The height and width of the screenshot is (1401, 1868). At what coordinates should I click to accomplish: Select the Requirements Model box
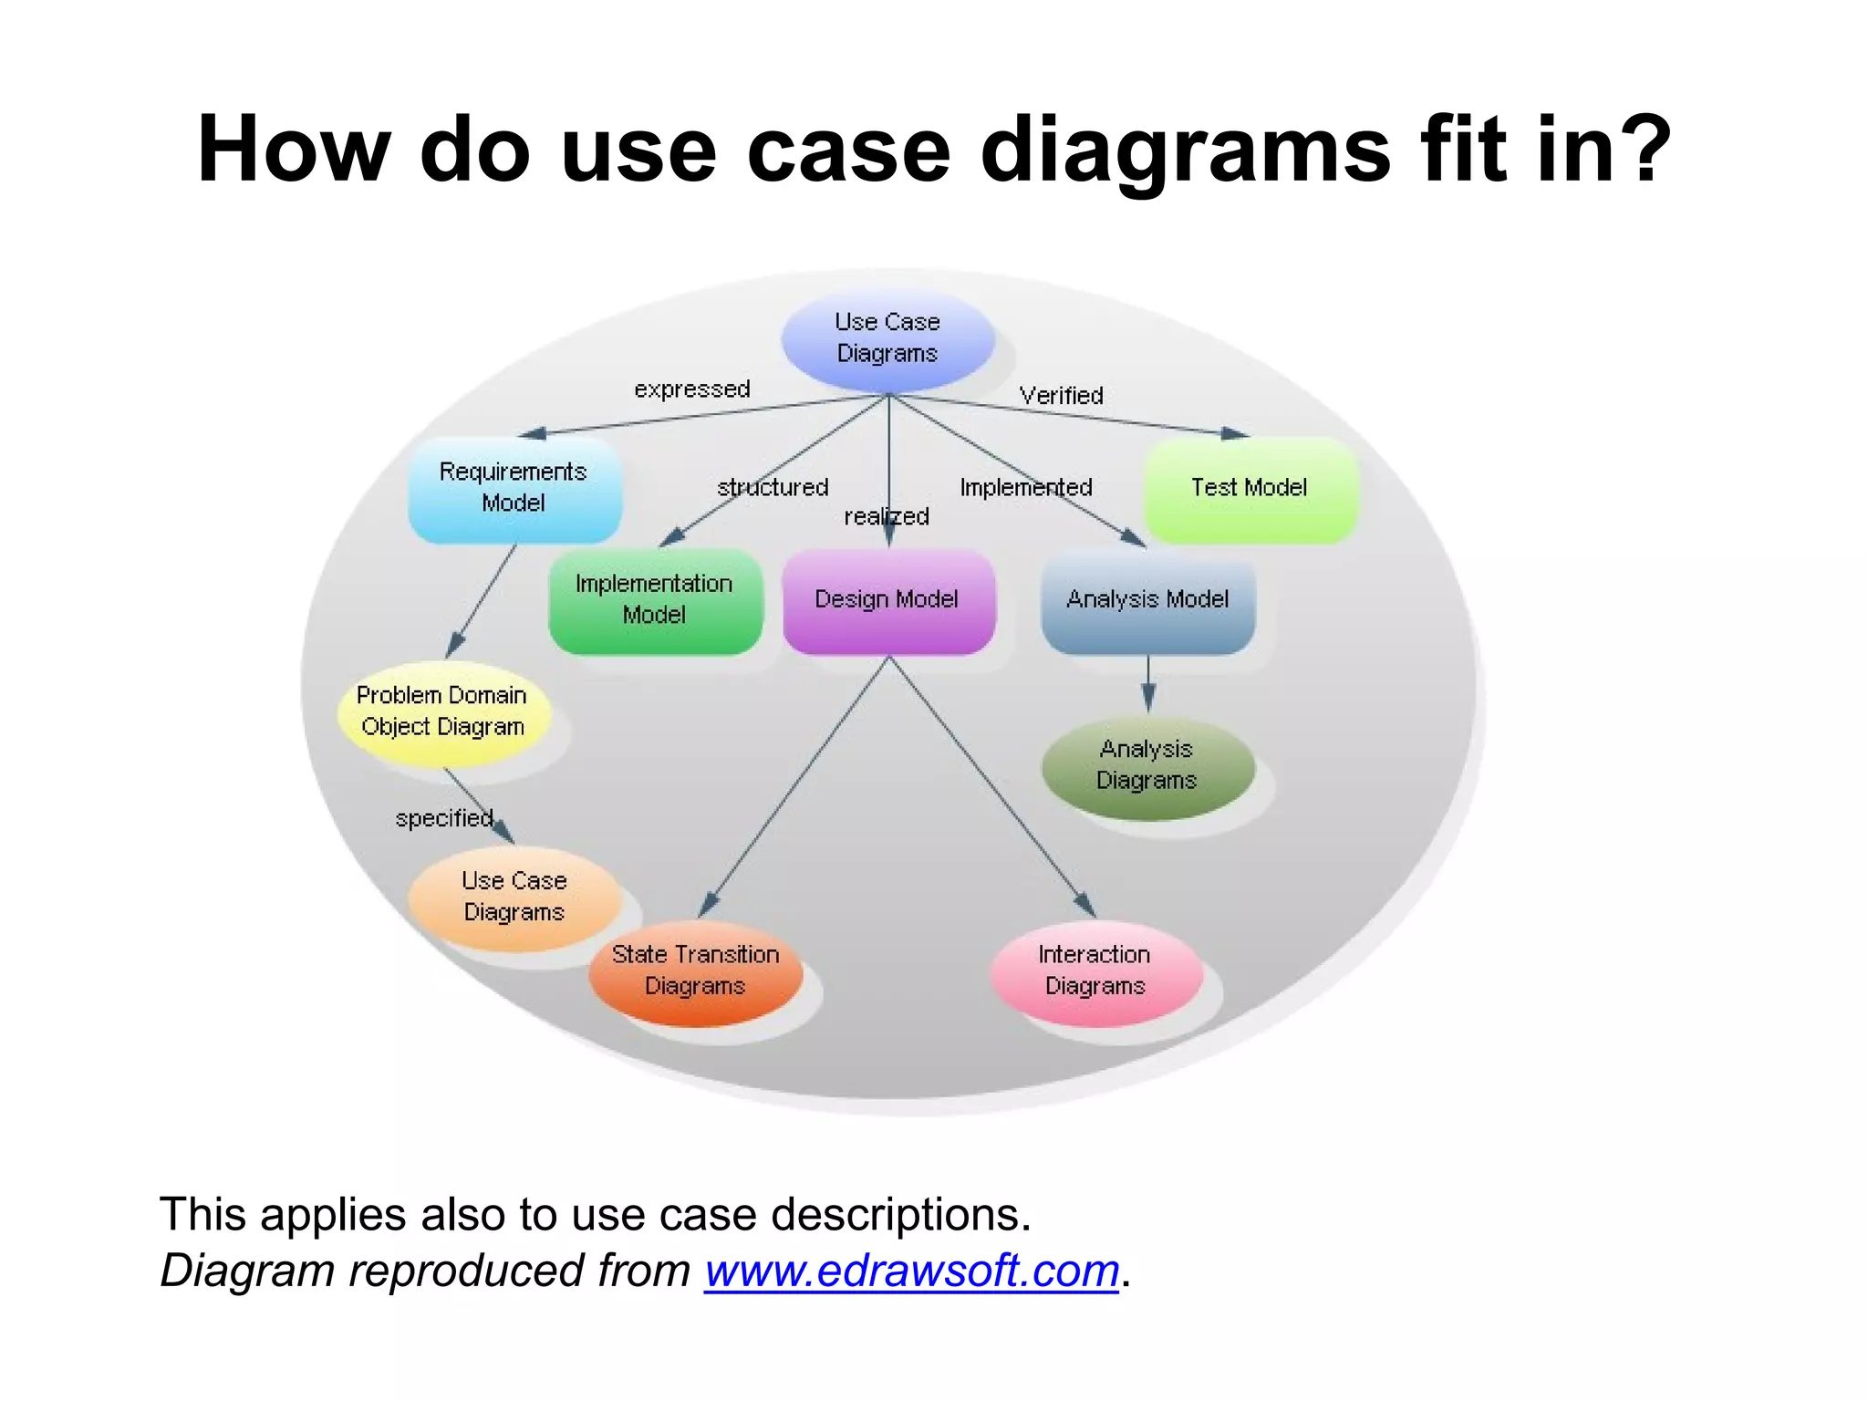pyautogui.click(x=514, y=489)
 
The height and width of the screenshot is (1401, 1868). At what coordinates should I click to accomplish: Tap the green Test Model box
pyautogui.click(x=1250, y=489)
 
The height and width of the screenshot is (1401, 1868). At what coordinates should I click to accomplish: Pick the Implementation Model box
pyautogui.click(x=655, y=600)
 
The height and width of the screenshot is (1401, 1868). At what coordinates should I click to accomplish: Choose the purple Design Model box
pyautogui.click(x=887, y=600)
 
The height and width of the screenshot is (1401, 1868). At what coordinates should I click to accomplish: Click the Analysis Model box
pyautogui.click(x=1147, y=600)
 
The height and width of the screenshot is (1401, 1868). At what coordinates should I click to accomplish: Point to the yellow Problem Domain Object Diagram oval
pyautogui.click(x=442, y=711)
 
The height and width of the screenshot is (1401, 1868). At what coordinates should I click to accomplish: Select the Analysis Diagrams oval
pyautogui.click(x=1147, y=766)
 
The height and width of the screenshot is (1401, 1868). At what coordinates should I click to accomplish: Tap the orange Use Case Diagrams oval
pyautogui.click(x=514, y=898)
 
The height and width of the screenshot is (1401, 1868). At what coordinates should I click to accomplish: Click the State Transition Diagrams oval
pyautogui.click(x=695, y=971)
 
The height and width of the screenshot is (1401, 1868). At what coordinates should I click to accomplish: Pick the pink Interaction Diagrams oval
pyautogui.click(x=1095, y=971)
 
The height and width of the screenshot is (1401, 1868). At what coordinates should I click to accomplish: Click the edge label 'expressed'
pyautogui.click(x=692, y=389)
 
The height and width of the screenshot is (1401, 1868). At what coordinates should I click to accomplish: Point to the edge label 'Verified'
pyautogui.click(x=1062, y=396)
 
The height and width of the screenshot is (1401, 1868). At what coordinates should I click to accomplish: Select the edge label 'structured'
pyautogui.click(x=773, y=488)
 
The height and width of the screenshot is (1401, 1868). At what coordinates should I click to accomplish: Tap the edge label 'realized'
pyautogui.click(x=887, y=517)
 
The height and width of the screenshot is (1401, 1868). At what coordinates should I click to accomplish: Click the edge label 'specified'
pyautogui.click(x=444, y=818)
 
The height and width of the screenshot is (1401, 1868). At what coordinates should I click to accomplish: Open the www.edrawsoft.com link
pyautogui.click(x=911, y=1271)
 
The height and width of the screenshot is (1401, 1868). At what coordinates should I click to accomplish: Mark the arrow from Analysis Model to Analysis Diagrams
pyautogui.click(x=1148, y=683)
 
